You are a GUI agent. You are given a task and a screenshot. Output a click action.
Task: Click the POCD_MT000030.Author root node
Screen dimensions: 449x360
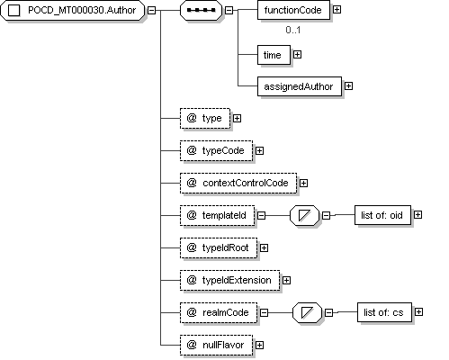[x=73, y=10]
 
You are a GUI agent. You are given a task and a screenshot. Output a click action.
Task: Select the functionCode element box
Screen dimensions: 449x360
[x=293, y=10]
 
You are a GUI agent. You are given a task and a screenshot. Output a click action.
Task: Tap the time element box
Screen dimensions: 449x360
[x=274, y=55]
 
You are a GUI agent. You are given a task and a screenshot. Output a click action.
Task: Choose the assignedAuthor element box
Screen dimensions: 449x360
[x=300, y=86]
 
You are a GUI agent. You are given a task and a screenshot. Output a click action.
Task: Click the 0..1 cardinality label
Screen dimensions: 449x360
[x=293, y=30]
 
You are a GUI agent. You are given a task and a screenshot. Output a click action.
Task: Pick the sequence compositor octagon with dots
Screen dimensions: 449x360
[x=201, y=10]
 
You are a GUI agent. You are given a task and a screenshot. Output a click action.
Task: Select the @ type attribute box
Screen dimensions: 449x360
[x=205, y=119]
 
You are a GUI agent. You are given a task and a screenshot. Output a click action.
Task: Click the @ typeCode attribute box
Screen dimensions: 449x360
[x=217, y=150]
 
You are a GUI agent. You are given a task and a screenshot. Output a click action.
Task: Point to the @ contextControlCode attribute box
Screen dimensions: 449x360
[x=238, y=183]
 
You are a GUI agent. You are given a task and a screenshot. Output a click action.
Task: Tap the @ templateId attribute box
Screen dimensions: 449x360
[x=218, y=215]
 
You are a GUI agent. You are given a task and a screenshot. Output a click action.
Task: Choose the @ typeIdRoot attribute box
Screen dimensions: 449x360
[x=219, y=247]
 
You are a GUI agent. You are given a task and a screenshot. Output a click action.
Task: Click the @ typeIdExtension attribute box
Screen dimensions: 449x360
[x=230, y=280]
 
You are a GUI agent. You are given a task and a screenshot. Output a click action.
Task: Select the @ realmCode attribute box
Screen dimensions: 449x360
[x=219, y=312]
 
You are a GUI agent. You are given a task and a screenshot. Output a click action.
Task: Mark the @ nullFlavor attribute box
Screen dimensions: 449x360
[x=217, y=345]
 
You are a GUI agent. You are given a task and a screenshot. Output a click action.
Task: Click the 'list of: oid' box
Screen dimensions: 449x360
[x=382, y=215]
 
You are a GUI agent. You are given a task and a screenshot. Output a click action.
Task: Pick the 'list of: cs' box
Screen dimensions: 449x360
[x=384, y=312]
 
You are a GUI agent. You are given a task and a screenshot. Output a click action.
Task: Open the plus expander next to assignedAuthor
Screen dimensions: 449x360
[x=348, y=86]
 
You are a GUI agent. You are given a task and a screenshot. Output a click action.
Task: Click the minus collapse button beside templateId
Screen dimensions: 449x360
[x=262, y=215]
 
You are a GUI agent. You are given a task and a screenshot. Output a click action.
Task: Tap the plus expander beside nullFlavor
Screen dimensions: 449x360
[x=259, y=345]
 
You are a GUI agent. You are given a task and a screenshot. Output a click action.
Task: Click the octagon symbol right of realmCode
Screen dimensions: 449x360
[x=307, y=312]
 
